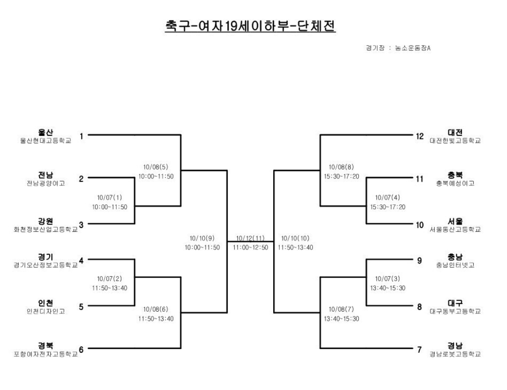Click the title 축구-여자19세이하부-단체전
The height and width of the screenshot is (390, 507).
pos(250,26)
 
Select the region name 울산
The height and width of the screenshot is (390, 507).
pos(46,133)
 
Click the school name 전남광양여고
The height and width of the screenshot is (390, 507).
pos(46,183)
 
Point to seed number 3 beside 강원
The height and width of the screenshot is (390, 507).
pos(81,225)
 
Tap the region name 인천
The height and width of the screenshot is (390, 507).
pos(46,303)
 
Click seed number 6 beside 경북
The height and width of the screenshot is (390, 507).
pos(81,349)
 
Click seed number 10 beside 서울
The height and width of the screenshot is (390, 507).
pos(420,225)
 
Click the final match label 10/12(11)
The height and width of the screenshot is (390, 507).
pos(251,238)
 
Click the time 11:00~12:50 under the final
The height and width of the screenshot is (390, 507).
pos(251,247)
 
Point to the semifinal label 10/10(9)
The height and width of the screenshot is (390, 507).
pos(203,238)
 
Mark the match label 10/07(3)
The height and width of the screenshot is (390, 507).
pos(387,279)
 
